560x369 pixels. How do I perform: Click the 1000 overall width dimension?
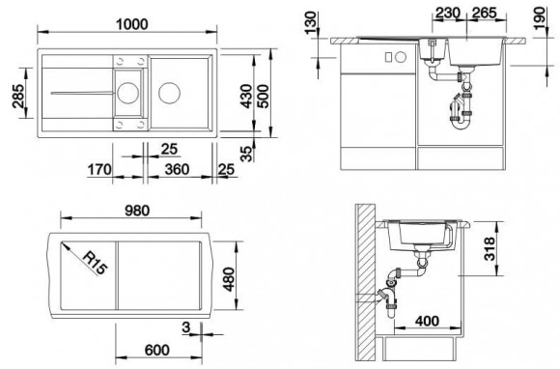point(131,24)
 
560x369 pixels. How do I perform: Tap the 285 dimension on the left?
point(17,96)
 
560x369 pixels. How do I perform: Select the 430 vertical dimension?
point(246,96)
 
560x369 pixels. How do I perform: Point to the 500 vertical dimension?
point(263,96)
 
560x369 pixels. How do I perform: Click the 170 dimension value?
point(99,169)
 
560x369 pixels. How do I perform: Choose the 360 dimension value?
point(177,169)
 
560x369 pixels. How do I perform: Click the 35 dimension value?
point(246,154)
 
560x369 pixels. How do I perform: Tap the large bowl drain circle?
point(169,93)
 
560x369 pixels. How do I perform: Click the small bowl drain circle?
point(127,93)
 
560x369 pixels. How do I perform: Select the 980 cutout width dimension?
point(137,211)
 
